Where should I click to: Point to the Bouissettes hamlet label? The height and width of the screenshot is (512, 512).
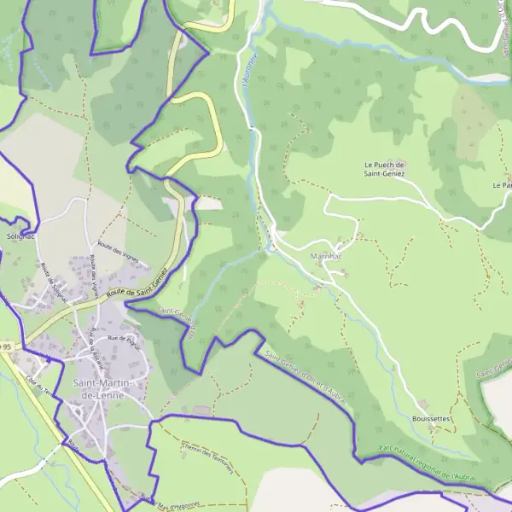click(430, 419)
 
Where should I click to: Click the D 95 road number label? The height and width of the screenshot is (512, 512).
click(5, 347)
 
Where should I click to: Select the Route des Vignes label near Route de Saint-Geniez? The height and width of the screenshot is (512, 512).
click(117, 253)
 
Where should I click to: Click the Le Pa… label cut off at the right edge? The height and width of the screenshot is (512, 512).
click(502, 184)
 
